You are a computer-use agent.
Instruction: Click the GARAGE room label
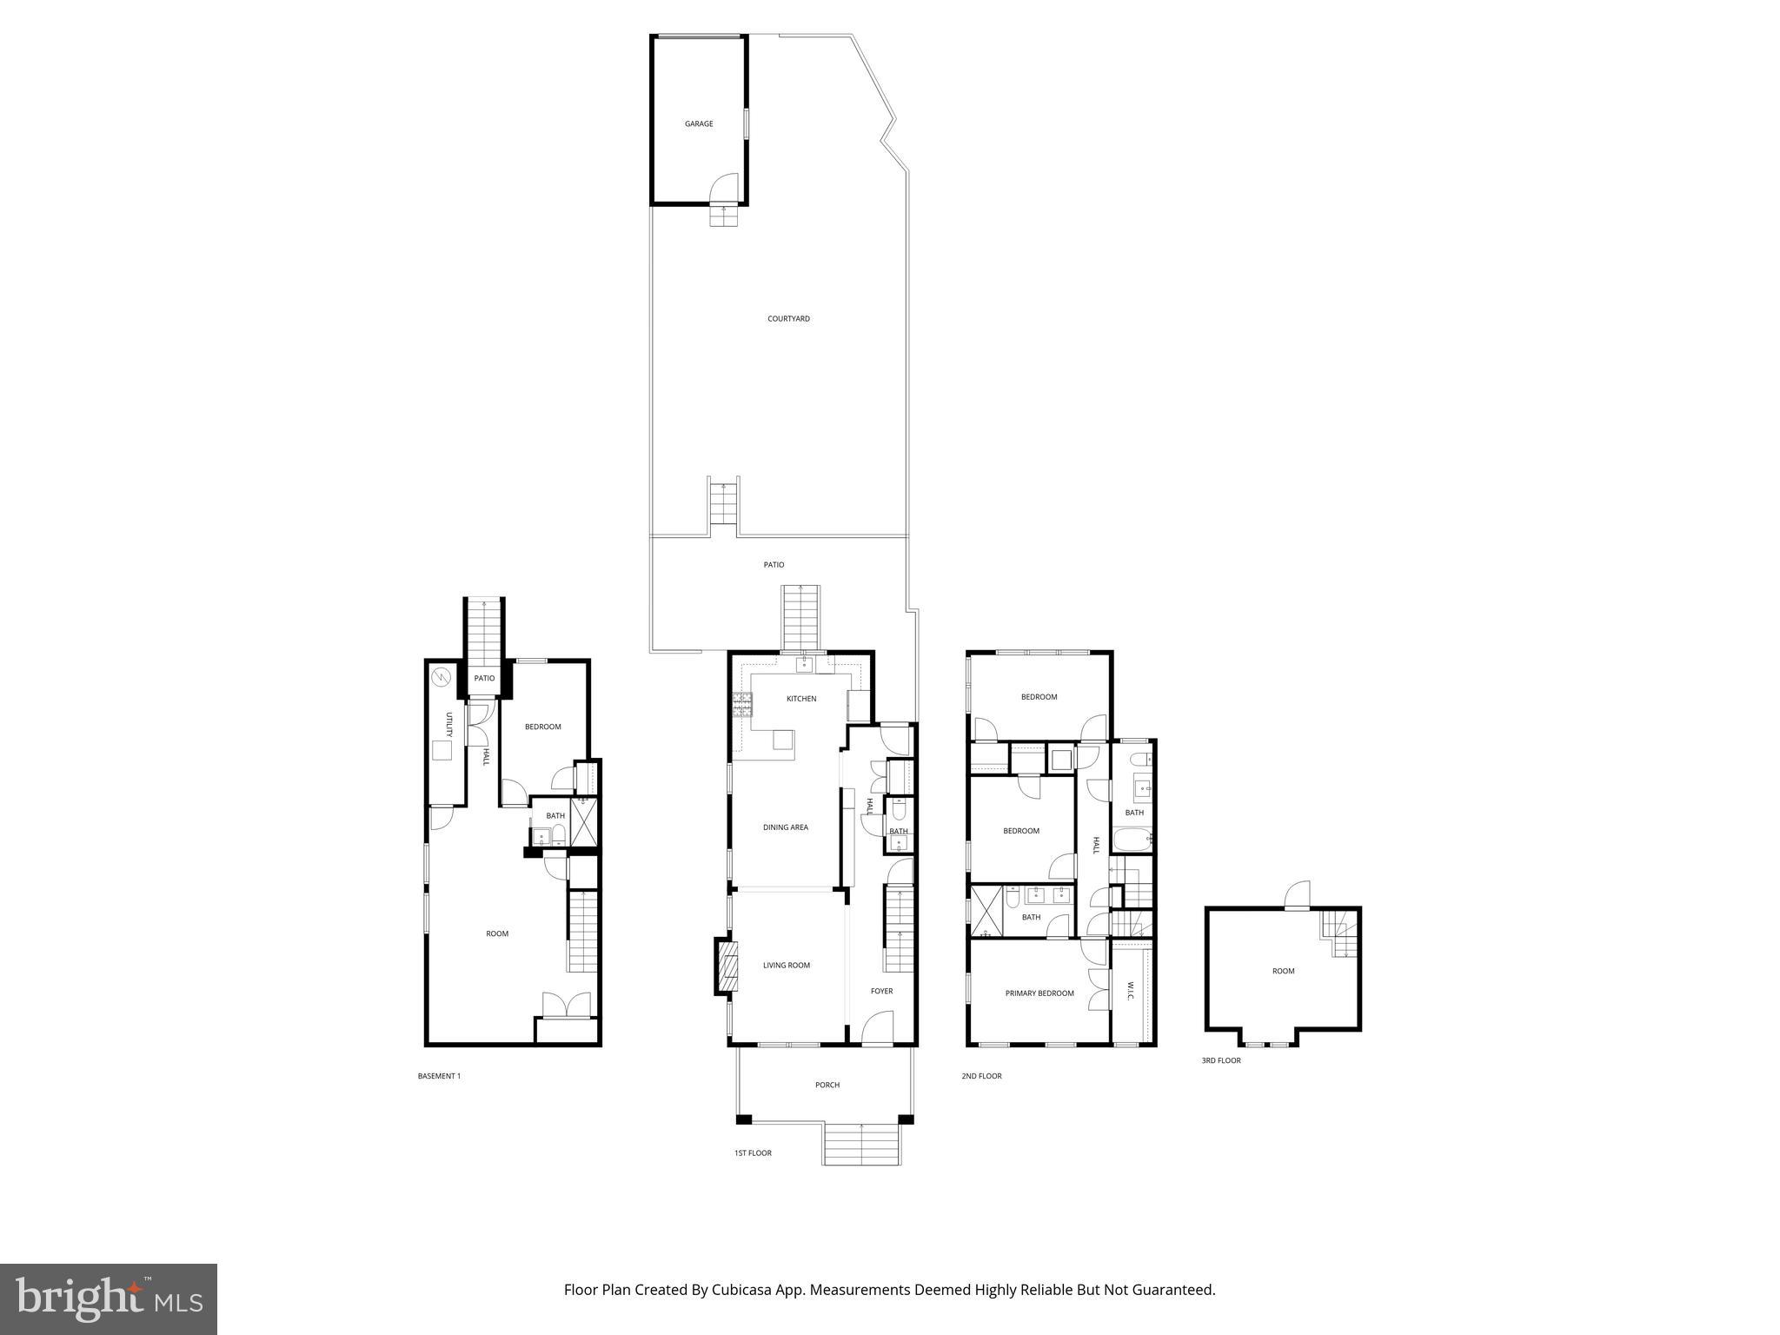coord(699,124)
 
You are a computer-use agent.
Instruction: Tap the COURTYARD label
coord(788,319)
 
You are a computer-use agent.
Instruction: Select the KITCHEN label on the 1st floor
coord(801,699)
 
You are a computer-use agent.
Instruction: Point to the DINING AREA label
coord(786,827)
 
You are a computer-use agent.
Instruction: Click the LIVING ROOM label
coord(787,966)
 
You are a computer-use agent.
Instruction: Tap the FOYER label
coord(881,991)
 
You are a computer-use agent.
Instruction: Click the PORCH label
coord(827,1085)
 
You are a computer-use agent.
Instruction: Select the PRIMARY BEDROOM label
coord(1039,993)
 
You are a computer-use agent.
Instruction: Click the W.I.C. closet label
coord(1131,992)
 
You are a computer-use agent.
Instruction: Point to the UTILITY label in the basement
coord(449,724)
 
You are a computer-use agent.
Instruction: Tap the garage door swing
coord(724,188)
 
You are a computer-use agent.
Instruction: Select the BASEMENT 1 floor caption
coord(439,1076)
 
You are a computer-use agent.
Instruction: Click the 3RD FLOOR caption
coord(1221,1060)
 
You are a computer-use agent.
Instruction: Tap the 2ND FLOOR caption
coord(981,1076)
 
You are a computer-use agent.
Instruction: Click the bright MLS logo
coord(109,1298)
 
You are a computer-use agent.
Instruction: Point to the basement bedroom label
coord(543,727)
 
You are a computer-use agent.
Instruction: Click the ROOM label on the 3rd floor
coord(1283,972)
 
